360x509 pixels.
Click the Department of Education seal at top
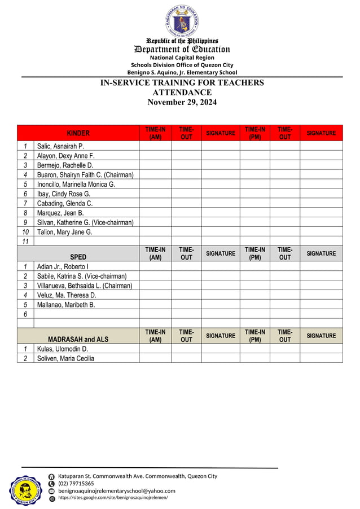(x=182, y=20)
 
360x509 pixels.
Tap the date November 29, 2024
(x=182, y=102)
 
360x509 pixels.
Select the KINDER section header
(x=78, y=133)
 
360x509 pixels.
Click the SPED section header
(x=78, y=257)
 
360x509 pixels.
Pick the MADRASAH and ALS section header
(x=78, y=339)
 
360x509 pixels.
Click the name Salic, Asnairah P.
(x=60, y=146)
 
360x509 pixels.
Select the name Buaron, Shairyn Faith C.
(x=85, y=175)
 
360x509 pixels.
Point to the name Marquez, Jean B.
(x=60, y=213)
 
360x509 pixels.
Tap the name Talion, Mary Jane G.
(x=65, y=232)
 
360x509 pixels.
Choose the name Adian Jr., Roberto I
(x=63, y=266)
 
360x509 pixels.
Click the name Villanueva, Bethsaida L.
(x=85, y=286)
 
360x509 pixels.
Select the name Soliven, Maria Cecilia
(x=66, y=358)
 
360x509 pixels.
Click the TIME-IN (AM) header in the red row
(x=155, y=133)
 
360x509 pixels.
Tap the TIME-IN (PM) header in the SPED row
(x=254, y=253)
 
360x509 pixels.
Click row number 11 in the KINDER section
(x=25, y=242)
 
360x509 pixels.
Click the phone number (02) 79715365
(x=76, y=484)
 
